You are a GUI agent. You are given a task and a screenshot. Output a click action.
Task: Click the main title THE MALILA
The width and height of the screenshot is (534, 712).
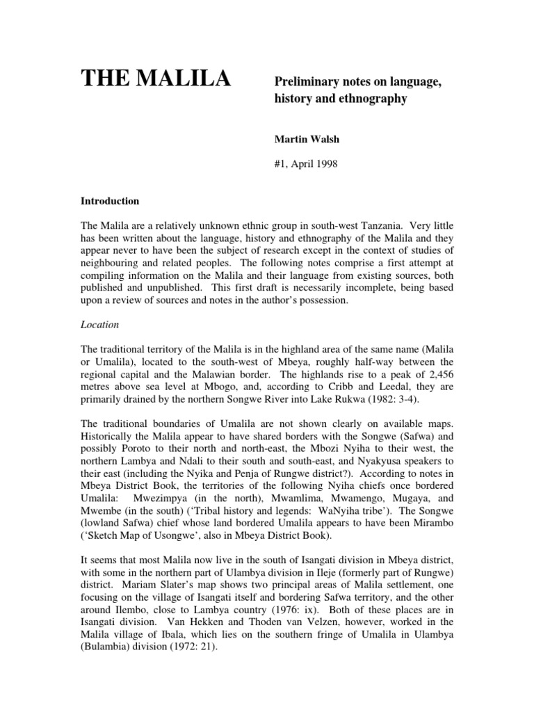point(156,80)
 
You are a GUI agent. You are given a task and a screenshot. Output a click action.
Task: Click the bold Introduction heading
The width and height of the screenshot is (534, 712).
point(111,201)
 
